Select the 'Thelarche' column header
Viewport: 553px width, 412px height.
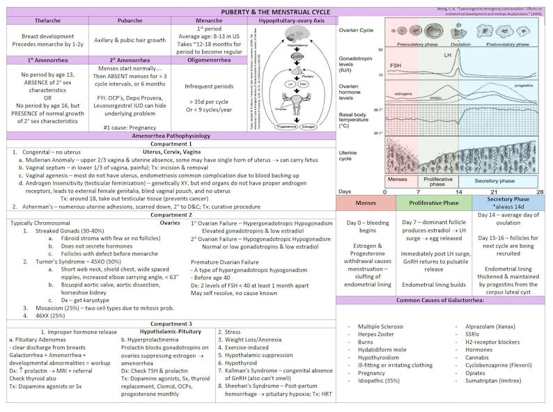click(48, 21)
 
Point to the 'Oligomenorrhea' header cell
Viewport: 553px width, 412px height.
click(209, 60)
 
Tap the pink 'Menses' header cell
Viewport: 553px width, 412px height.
click(365, 203)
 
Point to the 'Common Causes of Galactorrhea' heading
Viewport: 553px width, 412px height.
click(444, 301)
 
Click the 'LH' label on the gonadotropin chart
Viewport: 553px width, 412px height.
click(449, 54)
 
